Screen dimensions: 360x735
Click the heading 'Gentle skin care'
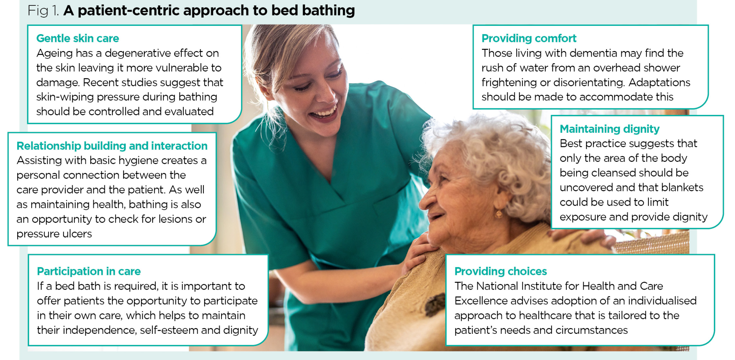[x=78, y=38]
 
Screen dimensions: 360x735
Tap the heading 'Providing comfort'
[x=529, y=38]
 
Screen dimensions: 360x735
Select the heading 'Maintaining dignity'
[x=609, y=129]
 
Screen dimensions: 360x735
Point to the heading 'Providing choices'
[x=500, y=271]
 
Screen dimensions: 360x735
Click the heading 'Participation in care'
[x=89, y=271]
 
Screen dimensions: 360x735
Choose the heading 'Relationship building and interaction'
[x=112, y=146]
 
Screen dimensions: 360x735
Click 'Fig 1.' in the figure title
[x=43, y=11]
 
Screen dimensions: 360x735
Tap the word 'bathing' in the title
[x=328, y=11]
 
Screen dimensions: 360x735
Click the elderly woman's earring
[x=498, y=214]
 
